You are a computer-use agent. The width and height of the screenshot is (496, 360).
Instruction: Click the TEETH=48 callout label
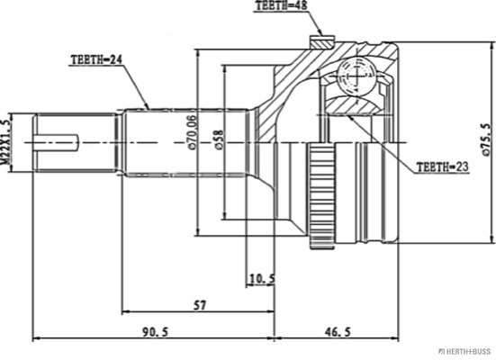coord(281,6)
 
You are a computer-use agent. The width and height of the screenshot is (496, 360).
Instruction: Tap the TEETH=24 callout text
coord(96,60)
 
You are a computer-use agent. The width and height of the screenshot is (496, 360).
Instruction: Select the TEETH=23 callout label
coord(442,167)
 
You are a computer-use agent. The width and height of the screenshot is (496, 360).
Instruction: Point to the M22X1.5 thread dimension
coord(5,142)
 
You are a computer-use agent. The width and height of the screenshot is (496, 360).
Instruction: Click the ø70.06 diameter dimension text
coord(192,132)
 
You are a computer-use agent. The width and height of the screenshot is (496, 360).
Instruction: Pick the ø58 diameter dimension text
coord(219,139)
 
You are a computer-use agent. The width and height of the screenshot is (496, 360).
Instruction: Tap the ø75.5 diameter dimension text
coord(487,139)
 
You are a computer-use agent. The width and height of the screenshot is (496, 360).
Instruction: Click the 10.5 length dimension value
coord(262,279)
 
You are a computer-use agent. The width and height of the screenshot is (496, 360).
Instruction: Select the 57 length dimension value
coord(200,305)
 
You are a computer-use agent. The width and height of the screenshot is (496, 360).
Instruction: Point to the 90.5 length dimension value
coord(156,332)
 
